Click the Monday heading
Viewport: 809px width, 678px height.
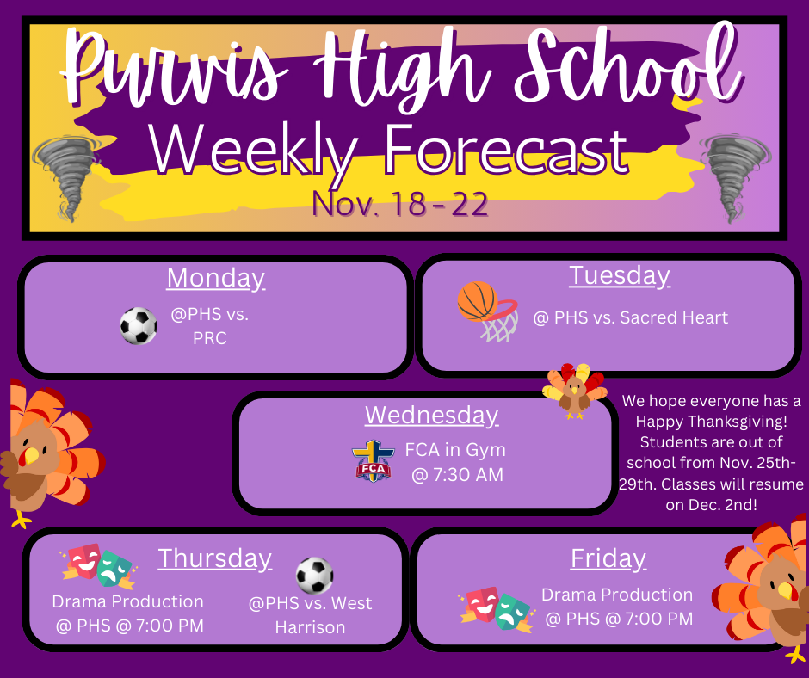[x=215, y=278]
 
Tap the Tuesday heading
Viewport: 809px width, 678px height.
[x=619, y=275]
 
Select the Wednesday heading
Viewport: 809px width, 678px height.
[x=431, y=415]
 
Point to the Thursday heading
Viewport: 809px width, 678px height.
[x=214, y=558]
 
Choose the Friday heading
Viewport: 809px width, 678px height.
[x=608, y=558]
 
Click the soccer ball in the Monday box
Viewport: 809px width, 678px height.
[x=139, y=326]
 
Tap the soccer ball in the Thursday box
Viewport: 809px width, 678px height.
[x=314, y=575]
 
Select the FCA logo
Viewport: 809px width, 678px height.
[x=373, y=460]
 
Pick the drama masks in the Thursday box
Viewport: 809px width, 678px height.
[x=96, y=564]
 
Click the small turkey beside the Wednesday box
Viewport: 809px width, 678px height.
[x=574, y=391]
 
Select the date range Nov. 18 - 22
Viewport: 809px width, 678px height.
[x=400, y=204]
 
